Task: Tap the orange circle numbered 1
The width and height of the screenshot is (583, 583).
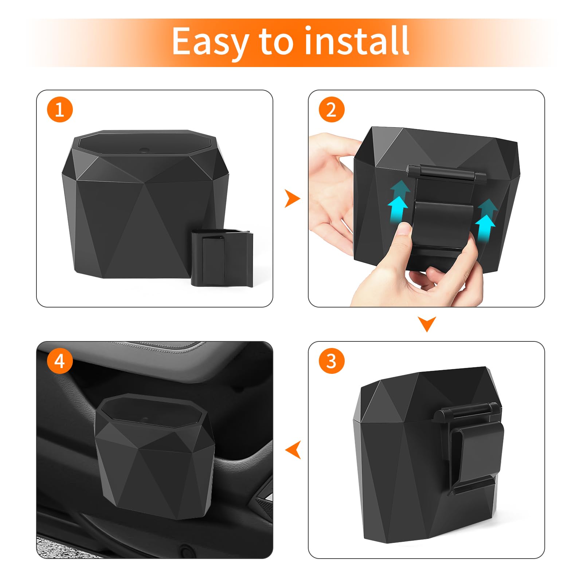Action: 60,109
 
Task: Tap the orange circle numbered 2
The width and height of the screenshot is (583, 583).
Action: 331,109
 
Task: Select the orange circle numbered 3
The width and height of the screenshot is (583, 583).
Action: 331,361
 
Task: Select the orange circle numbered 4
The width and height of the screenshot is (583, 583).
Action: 60,361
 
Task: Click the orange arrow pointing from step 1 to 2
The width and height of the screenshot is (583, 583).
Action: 292,199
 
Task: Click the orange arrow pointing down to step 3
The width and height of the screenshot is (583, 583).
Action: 427,324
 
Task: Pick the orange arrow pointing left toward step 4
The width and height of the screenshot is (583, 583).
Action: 293,450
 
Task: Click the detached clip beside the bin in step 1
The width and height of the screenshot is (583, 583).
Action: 222,257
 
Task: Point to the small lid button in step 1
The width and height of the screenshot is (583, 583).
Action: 144,149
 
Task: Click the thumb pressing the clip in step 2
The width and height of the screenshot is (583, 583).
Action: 404,233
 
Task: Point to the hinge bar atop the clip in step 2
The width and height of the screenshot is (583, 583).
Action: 446,172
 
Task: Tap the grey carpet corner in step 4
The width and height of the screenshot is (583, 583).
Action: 55,547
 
